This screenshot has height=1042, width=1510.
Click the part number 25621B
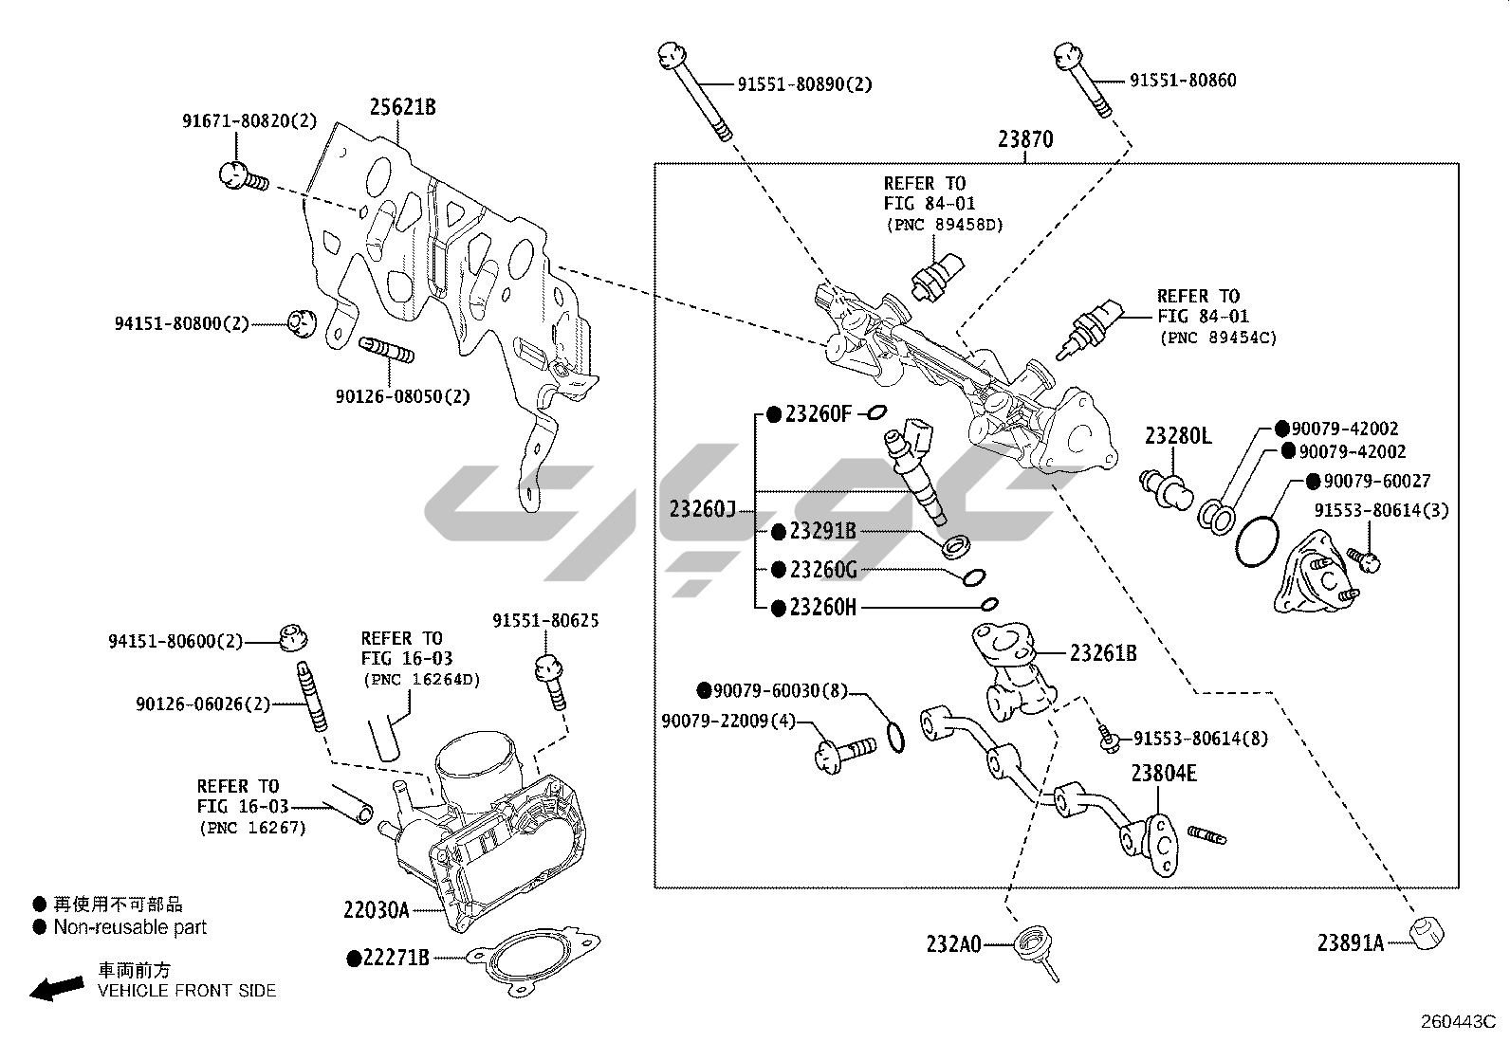402,107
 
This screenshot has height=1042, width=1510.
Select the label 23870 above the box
1024,140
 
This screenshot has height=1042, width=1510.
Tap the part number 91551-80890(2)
804,84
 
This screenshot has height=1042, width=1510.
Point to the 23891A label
1350,942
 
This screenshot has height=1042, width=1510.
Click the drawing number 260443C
1457,1022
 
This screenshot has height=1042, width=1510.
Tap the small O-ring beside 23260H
989,604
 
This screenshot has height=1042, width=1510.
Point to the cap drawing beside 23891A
1426,932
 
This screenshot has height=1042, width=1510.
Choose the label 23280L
1178,436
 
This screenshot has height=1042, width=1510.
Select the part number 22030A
377,910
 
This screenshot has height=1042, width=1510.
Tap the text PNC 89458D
945,225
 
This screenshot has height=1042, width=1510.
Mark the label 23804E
1163,774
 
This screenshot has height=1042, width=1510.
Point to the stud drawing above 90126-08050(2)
386,351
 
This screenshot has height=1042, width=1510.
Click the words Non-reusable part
130,927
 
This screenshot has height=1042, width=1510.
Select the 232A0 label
953,943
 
